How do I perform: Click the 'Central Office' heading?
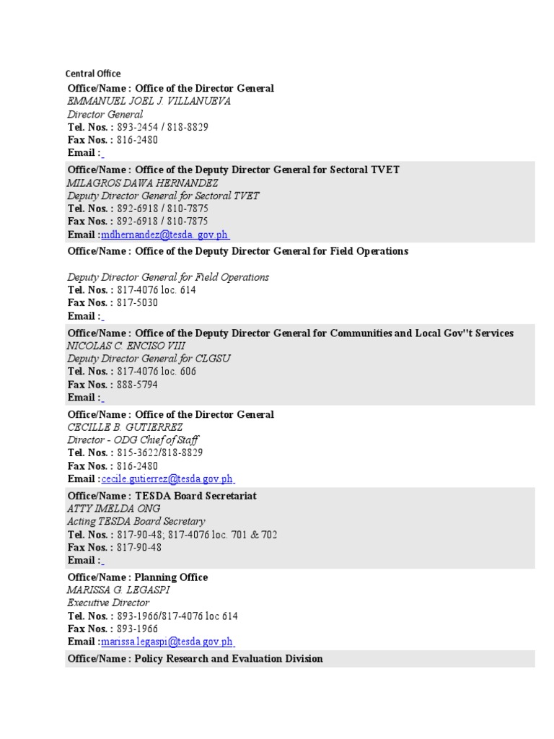coord(93,74)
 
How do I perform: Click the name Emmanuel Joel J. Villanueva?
coord(149,101)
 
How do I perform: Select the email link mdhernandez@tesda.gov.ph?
coord(165,235)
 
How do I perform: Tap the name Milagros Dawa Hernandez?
coord(143,183)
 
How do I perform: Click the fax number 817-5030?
coord(137,303)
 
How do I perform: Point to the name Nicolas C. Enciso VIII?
coord(126,346)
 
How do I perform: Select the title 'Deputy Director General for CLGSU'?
coord(149,359)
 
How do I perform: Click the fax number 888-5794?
coord(137,385)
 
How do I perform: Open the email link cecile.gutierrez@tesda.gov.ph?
coord(167,479)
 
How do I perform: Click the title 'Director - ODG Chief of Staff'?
coord(133,440)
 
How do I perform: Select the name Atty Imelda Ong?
coord(114,509)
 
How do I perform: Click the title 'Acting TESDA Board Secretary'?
coord(136,521)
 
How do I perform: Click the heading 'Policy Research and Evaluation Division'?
coord(229,659)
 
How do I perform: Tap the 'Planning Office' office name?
coord(171,577)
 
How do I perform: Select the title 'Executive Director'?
coord(108,603)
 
